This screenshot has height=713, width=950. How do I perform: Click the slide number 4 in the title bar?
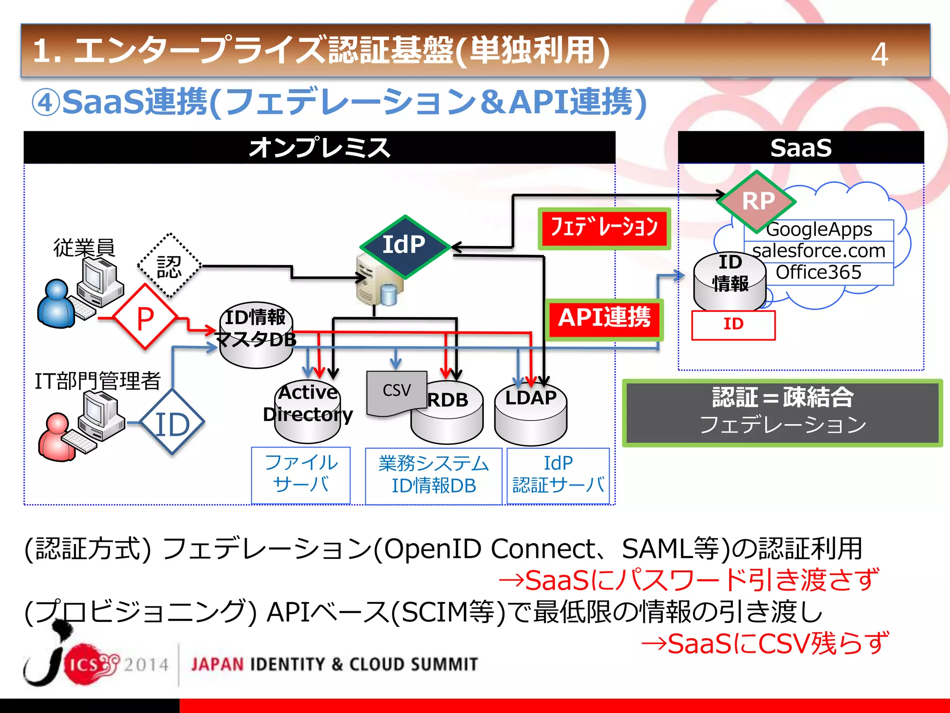(x=879, y=54)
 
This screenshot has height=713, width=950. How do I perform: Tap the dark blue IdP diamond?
(x=404, y=246)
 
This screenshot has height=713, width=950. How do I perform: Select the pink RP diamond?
(x=757, y=201)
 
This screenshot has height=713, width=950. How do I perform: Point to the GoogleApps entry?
(x=819, y=230)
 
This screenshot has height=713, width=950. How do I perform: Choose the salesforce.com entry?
(x=819, y=251)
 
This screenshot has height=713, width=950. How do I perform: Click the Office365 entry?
(x=819, y=273)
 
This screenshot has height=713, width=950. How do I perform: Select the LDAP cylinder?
(x=531, y=415)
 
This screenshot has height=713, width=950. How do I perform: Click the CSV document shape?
(x=396, y=392)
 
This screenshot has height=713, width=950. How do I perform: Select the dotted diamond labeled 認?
(x=169, y=266)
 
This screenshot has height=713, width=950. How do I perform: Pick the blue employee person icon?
(x=56, y=304)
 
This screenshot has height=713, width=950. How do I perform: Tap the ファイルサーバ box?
(x=301, y=474)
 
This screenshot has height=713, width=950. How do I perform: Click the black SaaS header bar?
(x=801, y=148)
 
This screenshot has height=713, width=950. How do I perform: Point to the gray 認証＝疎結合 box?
(x=782, y=413)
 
